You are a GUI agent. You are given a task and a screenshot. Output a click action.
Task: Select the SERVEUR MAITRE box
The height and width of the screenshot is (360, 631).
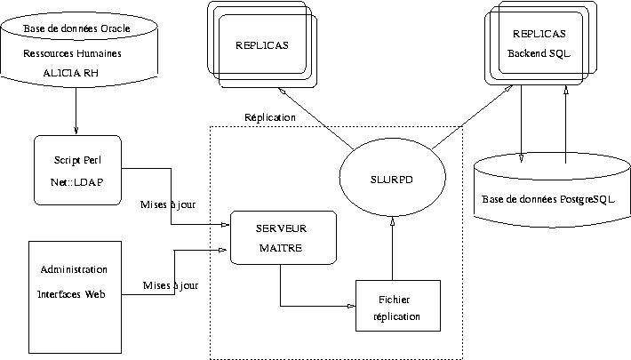point(283,236)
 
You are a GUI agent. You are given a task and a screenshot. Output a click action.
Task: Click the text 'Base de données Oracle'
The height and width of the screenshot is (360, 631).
point(77,29)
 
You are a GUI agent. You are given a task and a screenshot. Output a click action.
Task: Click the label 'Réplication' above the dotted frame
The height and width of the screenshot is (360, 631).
point(270,117)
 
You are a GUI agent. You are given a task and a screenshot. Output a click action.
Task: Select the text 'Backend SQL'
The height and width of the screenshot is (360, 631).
point(539,52)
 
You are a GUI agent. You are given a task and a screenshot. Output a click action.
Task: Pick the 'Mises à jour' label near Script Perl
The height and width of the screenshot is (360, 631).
point(169,204)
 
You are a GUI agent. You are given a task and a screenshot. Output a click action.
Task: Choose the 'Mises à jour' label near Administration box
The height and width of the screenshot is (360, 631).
point(171,285)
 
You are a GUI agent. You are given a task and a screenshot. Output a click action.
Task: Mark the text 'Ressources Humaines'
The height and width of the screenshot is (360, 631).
point(73,53)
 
